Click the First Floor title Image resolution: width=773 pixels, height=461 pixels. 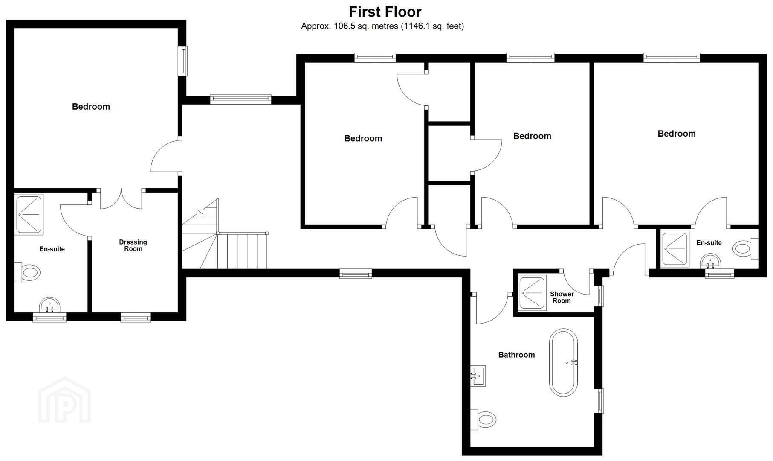[x=385, y=12]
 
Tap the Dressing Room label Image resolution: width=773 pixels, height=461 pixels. [x=133, y=245]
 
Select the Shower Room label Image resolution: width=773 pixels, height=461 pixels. [x=562, y=297]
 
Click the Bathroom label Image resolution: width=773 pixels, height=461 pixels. [x=516, y=355]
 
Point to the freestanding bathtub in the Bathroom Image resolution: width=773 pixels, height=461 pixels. [x=564, y=362]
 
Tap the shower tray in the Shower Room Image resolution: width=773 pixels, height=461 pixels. [x=532, y=293]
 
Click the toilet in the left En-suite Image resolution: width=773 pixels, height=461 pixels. [x=27, y=272]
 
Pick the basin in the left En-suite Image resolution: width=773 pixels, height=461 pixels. [x=50, y=306]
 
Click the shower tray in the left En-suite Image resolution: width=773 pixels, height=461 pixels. [x=29, y=214]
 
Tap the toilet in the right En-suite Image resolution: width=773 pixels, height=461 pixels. [x=745, y=248]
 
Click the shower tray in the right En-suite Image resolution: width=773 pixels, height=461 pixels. [x=675, y=249]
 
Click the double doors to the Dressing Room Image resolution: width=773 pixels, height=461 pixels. [x=121, y=199]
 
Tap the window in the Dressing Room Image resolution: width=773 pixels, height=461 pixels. [x=136, y=317]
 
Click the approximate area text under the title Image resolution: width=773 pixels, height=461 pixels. [x=382, y=26]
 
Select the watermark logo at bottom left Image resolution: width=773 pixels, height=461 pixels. [x=64, y=400]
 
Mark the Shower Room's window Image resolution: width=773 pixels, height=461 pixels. [x=599, y=296]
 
